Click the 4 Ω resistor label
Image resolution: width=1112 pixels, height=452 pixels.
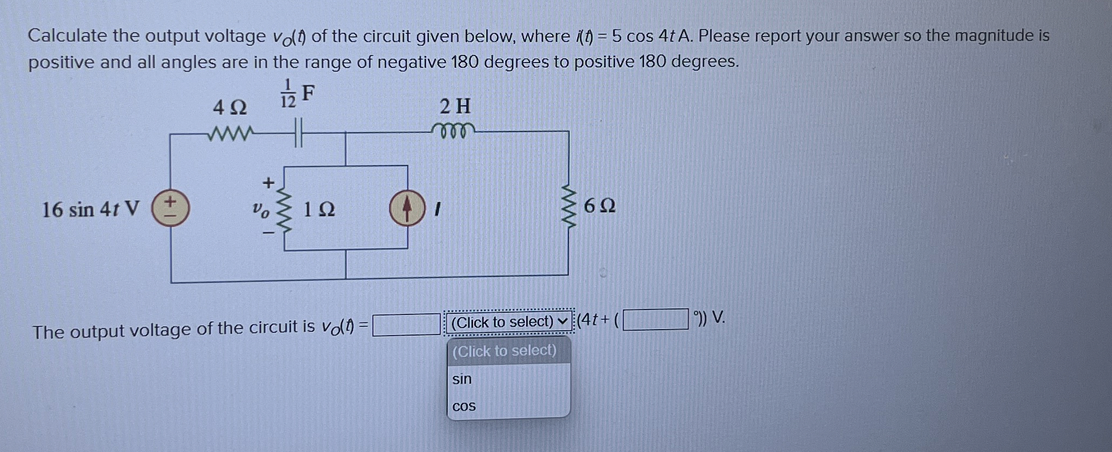230,107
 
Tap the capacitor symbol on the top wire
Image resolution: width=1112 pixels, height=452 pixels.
297,133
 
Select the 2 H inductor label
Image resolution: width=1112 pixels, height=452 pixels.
455,106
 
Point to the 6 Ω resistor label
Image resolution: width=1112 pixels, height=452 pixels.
599,206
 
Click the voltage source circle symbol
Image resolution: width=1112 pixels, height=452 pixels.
170,209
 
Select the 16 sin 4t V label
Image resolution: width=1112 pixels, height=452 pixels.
90,209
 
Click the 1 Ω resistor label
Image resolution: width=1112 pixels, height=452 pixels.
318,209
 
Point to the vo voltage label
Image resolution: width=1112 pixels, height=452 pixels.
261,209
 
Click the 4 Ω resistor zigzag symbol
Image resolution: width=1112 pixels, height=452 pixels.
230,133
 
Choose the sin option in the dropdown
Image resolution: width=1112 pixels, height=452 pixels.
462,379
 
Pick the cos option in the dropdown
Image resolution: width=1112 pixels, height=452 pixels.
464,406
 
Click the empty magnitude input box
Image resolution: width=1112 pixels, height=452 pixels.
406,325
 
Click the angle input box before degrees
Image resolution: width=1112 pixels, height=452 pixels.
655,319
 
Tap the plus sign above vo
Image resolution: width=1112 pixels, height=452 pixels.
268,183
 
